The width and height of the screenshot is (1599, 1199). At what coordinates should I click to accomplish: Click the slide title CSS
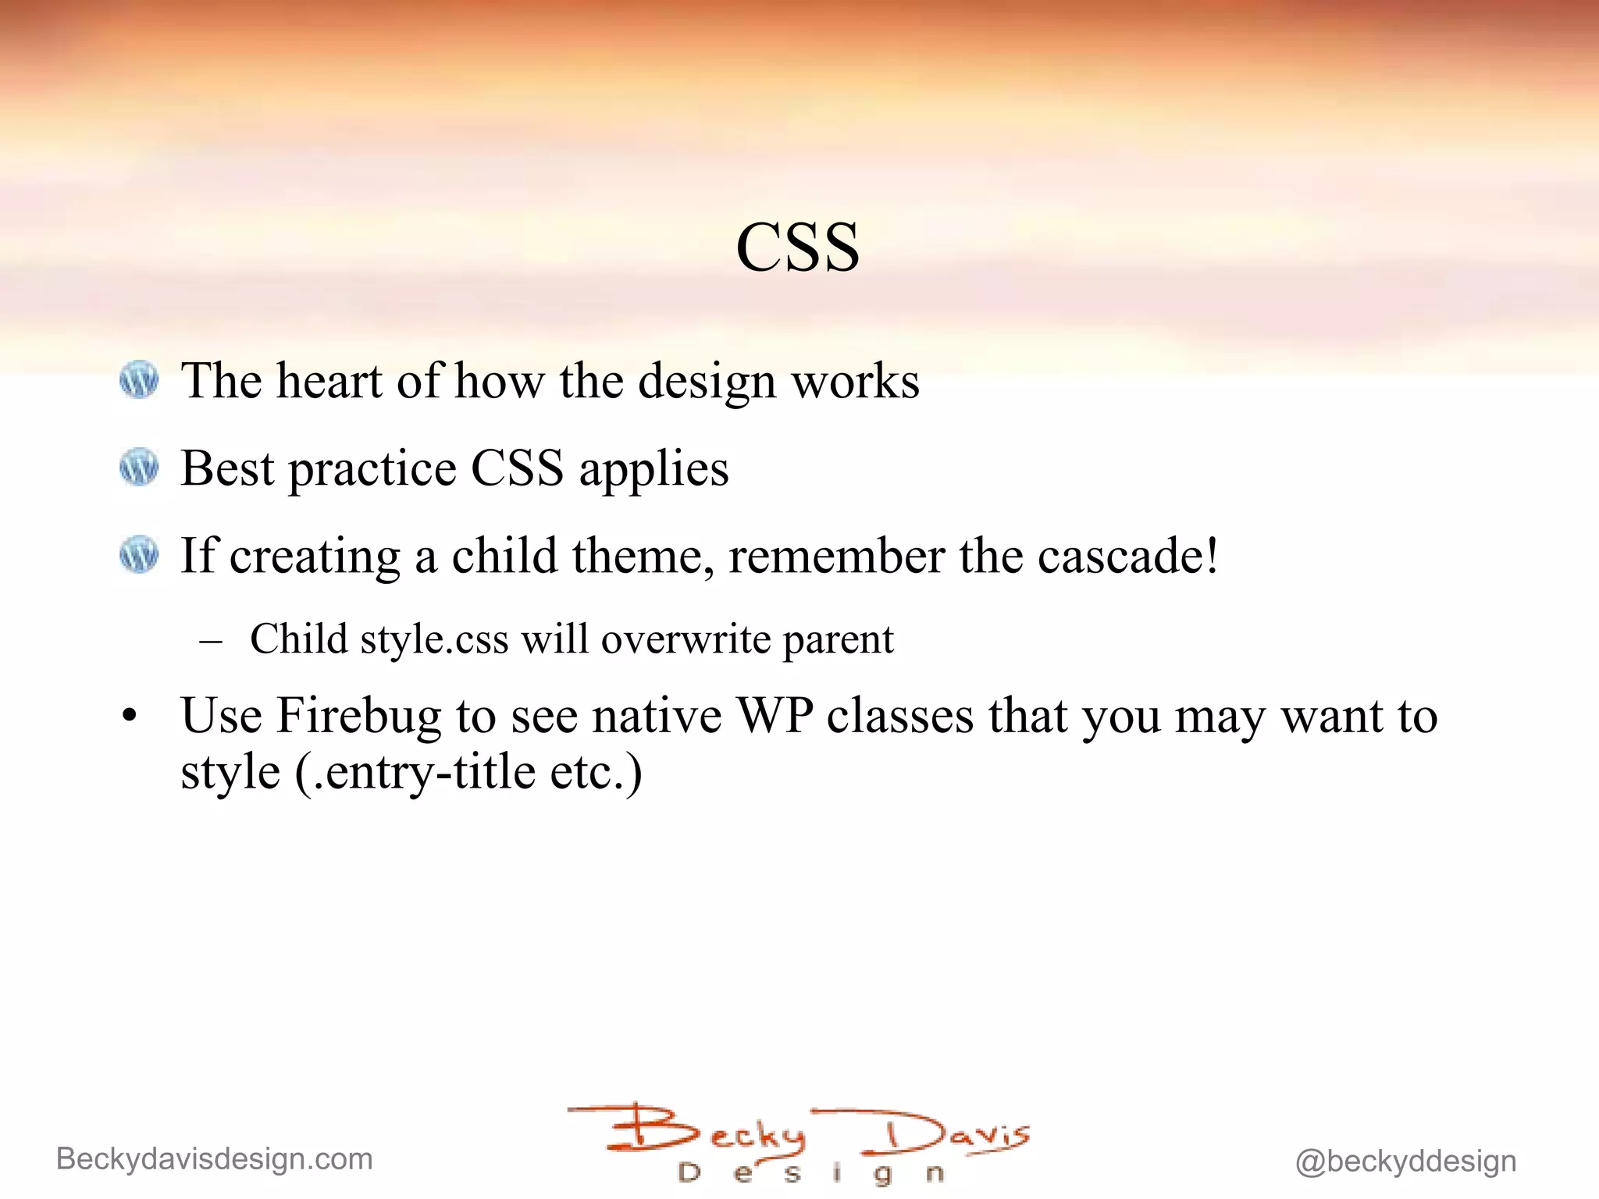[797, 247]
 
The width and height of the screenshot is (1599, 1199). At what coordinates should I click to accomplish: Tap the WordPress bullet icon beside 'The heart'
[139, 379]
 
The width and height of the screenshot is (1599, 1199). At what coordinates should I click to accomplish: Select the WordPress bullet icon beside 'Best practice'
[139, 467]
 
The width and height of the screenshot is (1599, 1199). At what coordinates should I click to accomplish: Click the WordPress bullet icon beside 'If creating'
[139, 555]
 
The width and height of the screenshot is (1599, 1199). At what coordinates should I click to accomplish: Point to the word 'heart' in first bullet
[329, 381]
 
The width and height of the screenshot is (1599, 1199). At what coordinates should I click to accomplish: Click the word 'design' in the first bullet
[707, 382]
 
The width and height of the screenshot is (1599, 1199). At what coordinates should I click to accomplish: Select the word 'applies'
[653, 470]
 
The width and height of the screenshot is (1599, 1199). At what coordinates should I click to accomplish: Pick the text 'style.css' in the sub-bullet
[434, 639]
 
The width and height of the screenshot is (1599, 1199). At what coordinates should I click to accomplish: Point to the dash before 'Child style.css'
[211, 642]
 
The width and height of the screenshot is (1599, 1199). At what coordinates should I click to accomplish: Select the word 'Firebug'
[358, 715]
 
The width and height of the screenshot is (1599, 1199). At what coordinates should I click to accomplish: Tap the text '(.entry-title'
[415, 773]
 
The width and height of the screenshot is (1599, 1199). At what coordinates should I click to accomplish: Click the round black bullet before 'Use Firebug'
[130, 716]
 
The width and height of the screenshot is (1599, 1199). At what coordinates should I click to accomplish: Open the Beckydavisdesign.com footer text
[215, 1159]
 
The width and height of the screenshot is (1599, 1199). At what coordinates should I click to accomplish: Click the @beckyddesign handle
[1405, 1162]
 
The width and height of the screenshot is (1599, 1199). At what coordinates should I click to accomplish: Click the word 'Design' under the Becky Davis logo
[812, 1173]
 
